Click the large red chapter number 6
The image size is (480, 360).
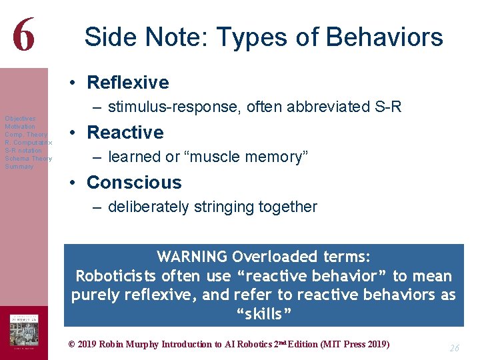pos(23,35)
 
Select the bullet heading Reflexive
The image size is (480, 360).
pos(127,83)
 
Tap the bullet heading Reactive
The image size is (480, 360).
pos(125,133)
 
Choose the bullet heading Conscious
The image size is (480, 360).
pos(133,183)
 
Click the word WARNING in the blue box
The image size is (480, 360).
pos(192,257)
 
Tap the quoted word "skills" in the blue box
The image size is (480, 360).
pos(263,314)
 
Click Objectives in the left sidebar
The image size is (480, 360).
pos(20,118)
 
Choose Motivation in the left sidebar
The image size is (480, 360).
pos(20,126)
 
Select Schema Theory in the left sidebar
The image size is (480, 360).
pos(28,159)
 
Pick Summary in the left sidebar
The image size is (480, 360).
pos(19,167)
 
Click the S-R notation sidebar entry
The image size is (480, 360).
pos(23,151)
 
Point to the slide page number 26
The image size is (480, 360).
pos(454,347)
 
